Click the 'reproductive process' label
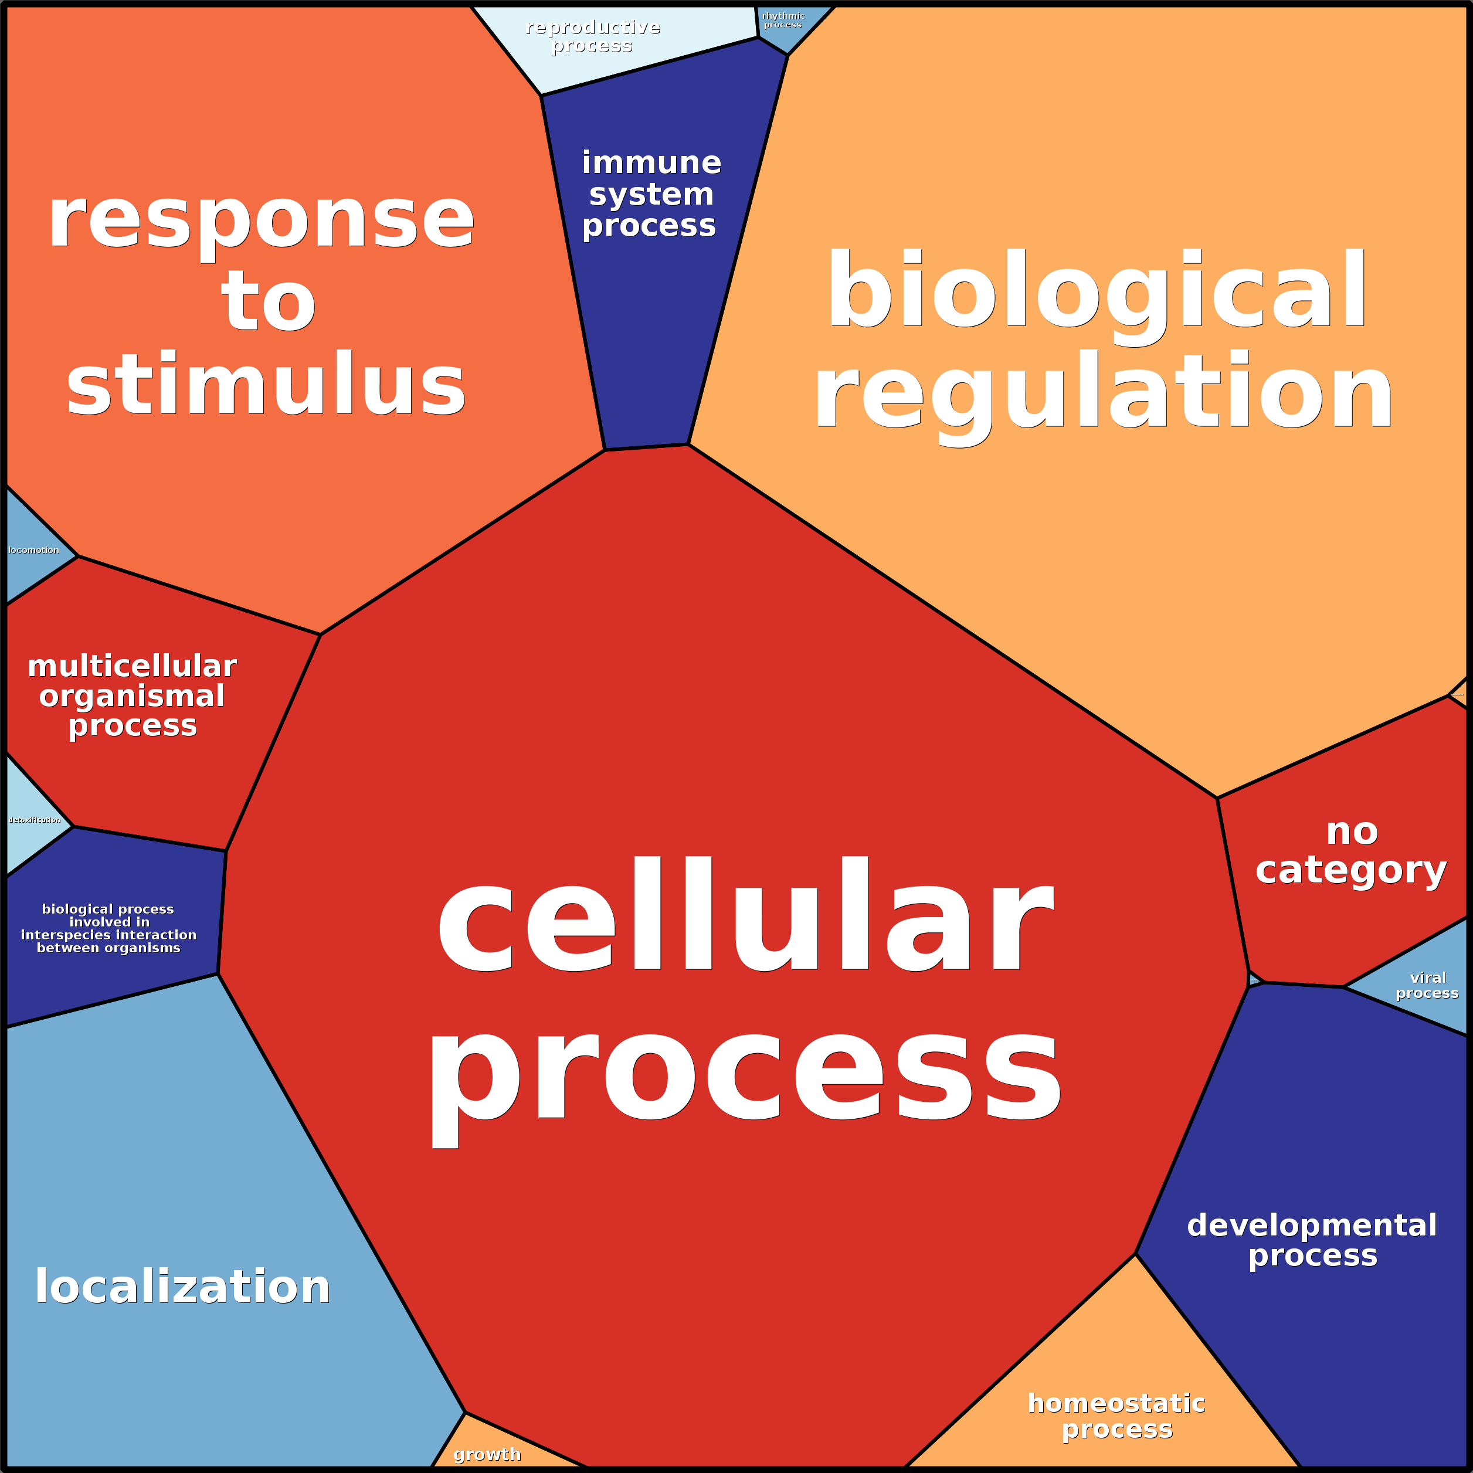(592, 36)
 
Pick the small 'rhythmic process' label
(783, 20)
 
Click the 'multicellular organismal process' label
(132, 695)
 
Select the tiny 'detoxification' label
(35, 820)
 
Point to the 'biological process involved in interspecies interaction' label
(108, 929)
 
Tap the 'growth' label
(487, 1454)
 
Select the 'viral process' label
(1427, 985)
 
